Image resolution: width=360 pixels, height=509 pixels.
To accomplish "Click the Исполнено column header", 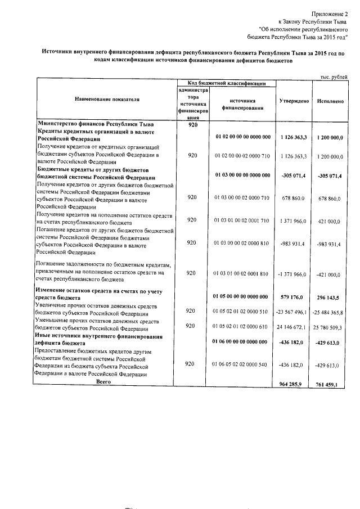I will click(330, 101).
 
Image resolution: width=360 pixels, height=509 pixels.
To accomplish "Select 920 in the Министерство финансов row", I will click(193, 125).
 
